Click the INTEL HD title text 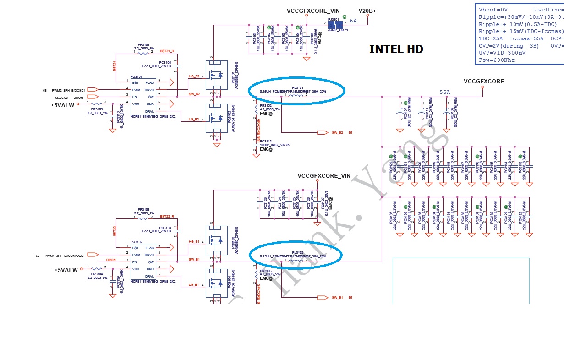click(396, 49)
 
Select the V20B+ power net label click(367, 11)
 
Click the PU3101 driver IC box click(143, 97)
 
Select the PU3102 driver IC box click(143, 262)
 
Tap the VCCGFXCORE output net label click(483, 82)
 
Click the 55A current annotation click(444, 93)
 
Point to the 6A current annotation click(353, 21)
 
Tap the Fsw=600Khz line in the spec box click(496, 60)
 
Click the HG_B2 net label click(194, 77)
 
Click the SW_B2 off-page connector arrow click(323, 132)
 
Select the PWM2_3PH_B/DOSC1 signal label click(68, 90)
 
